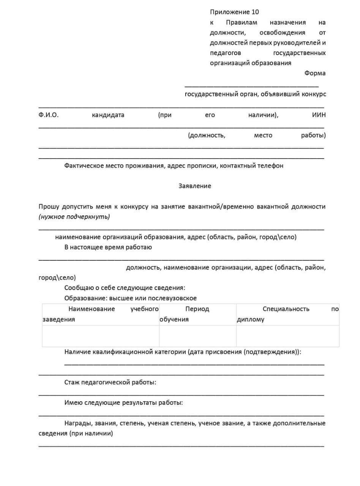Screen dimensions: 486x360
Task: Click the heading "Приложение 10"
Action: pos(234,12)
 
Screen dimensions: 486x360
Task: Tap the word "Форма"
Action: pos(314,73)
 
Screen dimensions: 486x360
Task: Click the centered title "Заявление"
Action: pos(195,186)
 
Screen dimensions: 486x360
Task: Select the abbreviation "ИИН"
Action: pos(319,115)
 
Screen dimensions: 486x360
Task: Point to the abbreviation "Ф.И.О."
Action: pos(49,115)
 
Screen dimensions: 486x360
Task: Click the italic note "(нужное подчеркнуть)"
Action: pos(74,217)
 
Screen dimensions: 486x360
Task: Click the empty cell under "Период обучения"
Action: pos(197,336)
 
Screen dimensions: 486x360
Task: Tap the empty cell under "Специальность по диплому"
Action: pos(287,336)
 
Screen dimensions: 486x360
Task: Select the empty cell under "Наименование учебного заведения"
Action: pos(101,336)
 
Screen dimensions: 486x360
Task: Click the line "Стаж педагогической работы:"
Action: pos(110,382)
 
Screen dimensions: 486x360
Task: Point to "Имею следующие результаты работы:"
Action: pos(123,402)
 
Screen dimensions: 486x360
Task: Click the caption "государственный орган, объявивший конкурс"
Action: pos(255,94)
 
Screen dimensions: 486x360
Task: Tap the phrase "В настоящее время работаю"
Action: pos(108,247)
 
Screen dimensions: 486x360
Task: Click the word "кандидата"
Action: pos(108,115)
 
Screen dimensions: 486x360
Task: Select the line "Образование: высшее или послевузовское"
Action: pos(130,298)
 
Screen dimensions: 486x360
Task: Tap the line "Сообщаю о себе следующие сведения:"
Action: pos(125,287)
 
